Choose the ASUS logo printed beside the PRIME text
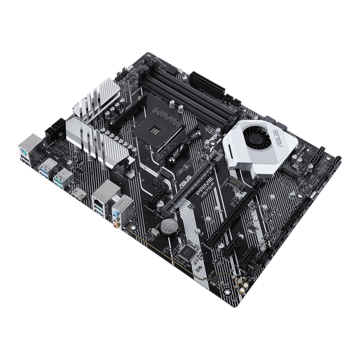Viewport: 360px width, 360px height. [185, 184]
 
